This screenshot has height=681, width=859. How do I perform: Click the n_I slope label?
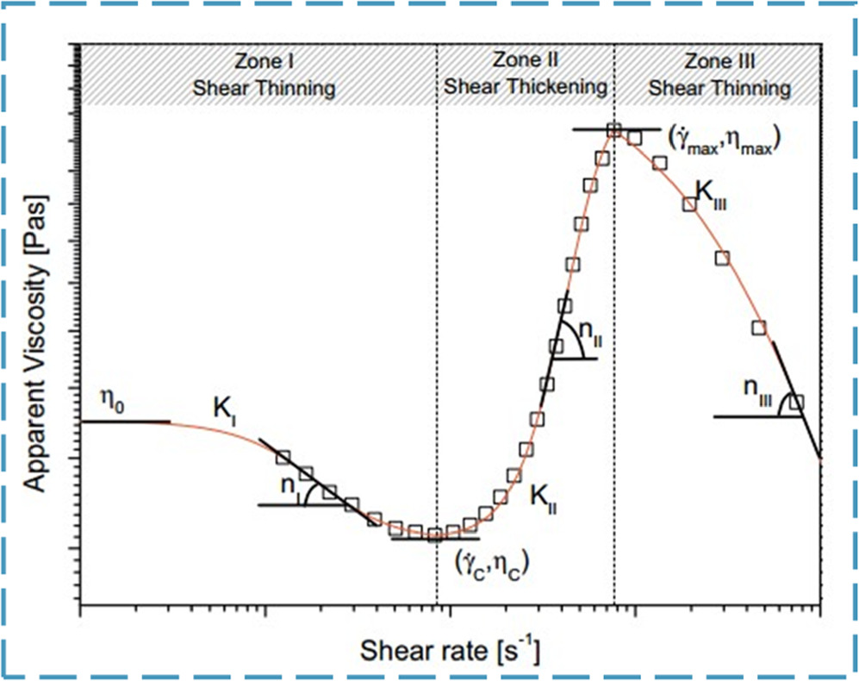290,485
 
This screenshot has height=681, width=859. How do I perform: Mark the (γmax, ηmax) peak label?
724,141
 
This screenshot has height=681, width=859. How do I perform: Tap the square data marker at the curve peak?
613,131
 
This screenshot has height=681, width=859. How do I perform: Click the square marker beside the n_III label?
796,402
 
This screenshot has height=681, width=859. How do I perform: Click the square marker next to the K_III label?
689,203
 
